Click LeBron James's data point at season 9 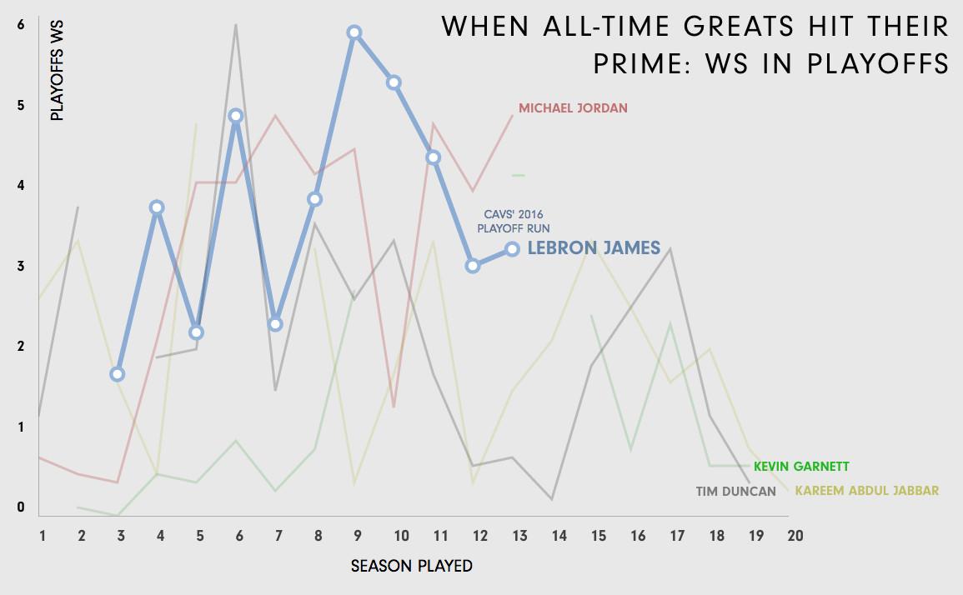point(354,32)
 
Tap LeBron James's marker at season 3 point(118,374)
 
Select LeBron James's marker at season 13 point(512,249)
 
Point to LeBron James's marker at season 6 point(236,116)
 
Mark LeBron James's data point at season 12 point(473,266)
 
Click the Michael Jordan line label point(573,108)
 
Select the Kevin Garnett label point(801,467)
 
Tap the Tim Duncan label point(736,491)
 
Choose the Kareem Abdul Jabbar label point(867,491)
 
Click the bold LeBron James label point(594,248)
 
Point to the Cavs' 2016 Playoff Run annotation point(514,221)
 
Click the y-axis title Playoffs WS point(57,72)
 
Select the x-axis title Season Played point(411,567)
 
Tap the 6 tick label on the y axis point(21,25)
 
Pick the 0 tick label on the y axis point(21,507)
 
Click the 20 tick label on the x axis point(795,535)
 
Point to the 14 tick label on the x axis point(559,535)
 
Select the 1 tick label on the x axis point(42,535)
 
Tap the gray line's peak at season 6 point(236,25)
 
